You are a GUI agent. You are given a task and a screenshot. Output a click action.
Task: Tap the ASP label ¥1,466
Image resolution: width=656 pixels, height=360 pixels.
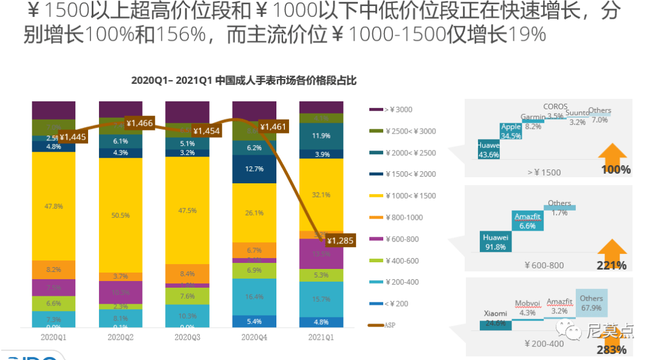pyautogui.click(x=139, y=123)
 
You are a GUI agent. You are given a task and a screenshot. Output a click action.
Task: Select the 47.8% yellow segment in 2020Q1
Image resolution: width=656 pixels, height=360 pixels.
pyautogui.click(x=53, y=206)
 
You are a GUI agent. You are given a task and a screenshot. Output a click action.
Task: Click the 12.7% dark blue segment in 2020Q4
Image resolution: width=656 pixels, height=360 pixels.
pyautogui.click(x=255, y=169)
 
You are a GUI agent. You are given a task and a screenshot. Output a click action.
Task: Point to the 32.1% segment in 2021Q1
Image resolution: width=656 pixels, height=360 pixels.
pyautogui.click(x=321, y=195)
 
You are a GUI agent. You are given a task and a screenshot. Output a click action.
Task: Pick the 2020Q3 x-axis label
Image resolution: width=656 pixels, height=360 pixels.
pyautogui.click(x=187, y=336)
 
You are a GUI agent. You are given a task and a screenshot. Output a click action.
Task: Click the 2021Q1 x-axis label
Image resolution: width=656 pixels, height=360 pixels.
pyautogui.click(x=321, y=336)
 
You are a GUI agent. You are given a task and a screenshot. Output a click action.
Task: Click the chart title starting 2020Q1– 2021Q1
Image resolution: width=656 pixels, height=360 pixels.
pyautogui.click(x=244, y=80)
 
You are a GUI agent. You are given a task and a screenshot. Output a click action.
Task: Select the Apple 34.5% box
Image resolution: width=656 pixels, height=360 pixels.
pyautogui.click(x=511, y=132)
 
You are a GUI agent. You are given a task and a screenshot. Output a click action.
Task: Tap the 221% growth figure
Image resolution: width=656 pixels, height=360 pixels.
pyautogui.click(x=612, y=265)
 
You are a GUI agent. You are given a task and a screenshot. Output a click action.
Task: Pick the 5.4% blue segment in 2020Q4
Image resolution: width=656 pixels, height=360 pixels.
pyautogui.click(x=255, y=321)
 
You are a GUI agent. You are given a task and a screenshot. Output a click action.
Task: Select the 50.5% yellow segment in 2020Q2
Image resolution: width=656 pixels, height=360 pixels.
pyautogui.click(x=120, y=214)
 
